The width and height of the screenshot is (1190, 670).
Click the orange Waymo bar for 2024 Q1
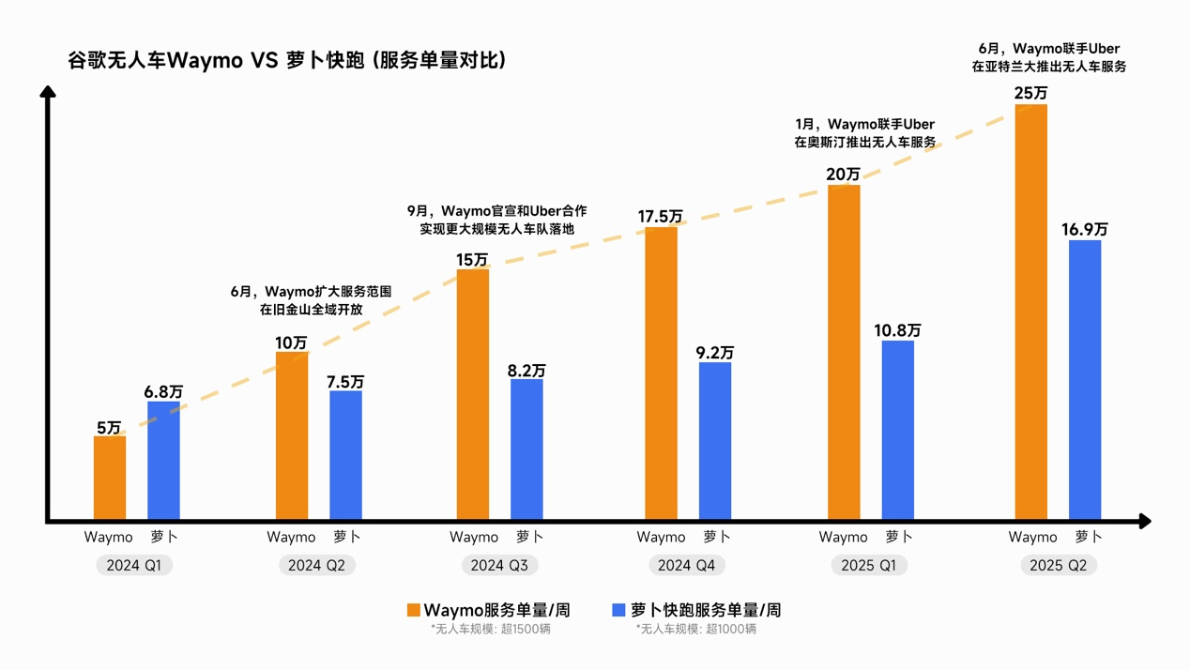(110, 477)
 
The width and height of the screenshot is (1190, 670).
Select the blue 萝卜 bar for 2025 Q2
(1085, 379)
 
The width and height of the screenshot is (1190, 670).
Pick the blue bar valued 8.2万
(526, 449)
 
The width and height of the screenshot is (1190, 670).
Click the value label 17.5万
(660, 217)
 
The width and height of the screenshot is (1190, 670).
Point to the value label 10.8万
(897, 330)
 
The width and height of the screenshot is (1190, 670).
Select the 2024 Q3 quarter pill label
(499, 566)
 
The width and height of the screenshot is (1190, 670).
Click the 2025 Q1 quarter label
(868, 566)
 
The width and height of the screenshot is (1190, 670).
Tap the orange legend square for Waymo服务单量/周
(413, 610)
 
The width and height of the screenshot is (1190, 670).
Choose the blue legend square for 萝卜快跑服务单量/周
(618, 610)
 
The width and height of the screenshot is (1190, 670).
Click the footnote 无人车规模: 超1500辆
(491, 629)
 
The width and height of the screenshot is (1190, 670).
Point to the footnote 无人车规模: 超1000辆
(695, 629)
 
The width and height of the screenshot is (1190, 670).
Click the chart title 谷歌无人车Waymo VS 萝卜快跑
(287, 61)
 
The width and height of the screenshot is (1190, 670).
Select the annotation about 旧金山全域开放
(311, 300)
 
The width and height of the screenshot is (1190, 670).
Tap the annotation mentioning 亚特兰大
(1048, 58)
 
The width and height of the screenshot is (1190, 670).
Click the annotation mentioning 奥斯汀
(864, 133)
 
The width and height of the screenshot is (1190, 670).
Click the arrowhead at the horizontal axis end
(1144, 521)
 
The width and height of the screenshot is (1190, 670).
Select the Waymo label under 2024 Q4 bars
(661, 538)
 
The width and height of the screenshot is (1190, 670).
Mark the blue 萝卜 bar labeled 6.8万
(163, 460)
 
